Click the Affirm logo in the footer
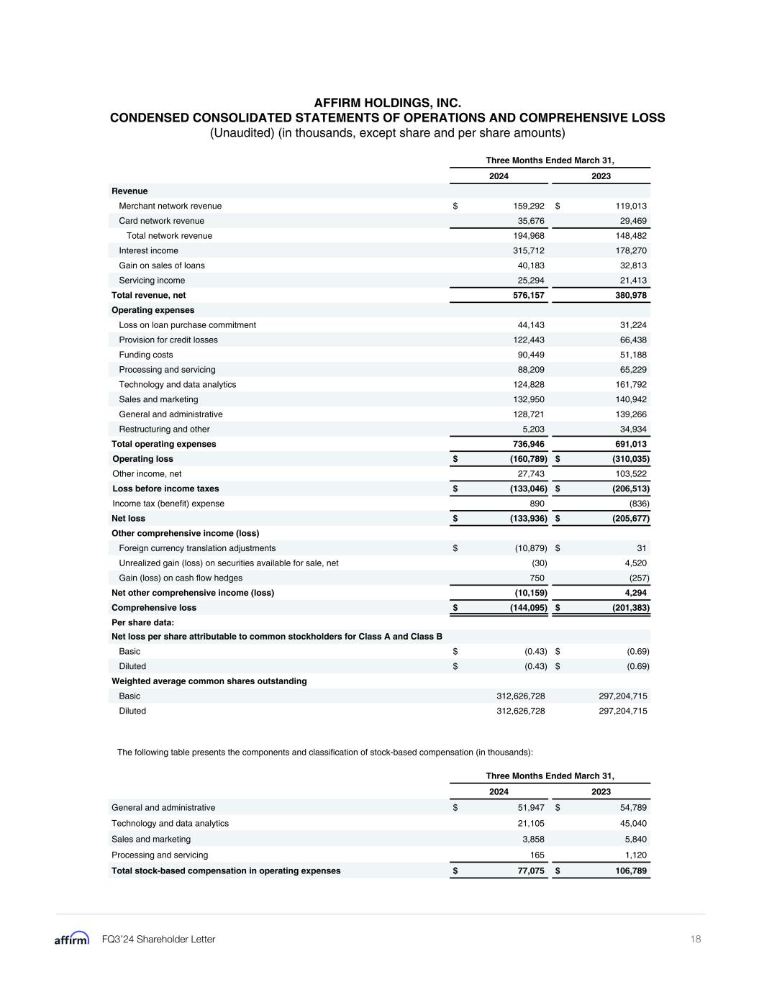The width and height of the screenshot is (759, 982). (x=72, y=939)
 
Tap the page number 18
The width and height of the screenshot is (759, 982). (x=695, y=939)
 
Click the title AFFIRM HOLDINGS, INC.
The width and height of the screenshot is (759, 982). (x=387, y=104)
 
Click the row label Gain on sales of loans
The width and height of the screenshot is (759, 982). (x=162, y=265)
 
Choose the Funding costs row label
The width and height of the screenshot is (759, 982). (x=146, y=355)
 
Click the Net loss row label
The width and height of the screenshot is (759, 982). (x=128, y=518)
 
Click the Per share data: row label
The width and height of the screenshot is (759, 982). (x=142, y=622)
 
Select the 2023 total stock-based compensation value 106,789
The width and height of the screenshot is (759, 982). (x=630, y=870)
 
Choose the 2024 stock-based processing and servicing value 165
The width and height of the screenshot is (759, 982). (x=537, y=855)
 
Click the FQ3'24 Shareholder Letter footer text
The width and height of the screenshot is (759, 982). (x=158, y=939)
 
